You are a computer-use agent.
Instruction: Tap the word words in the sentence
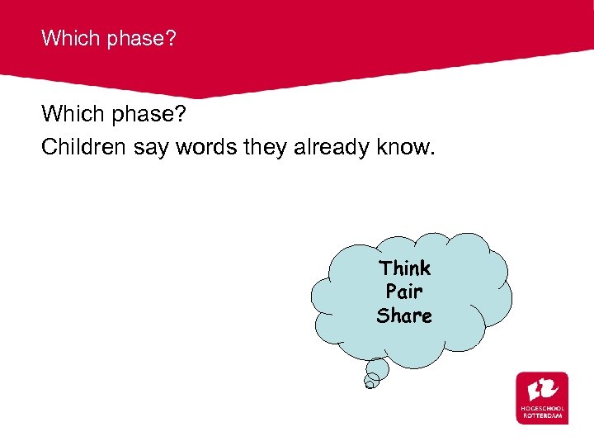tap(204, 147)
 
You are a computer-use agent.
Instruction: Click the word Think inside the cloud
tap(404, 268)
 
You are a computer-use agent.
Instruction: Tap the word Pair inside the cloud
tap(404, 292)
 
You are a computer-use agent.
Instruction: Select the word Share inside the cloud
tap(404, 316)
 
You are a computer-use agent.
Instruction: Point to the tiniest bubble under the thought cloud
tap(371, 382)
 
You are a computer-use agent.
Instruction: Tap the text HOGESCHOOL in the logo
tap(542, 409)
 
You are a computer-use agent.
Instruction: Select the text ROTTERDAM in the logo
tap(542, 416)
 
